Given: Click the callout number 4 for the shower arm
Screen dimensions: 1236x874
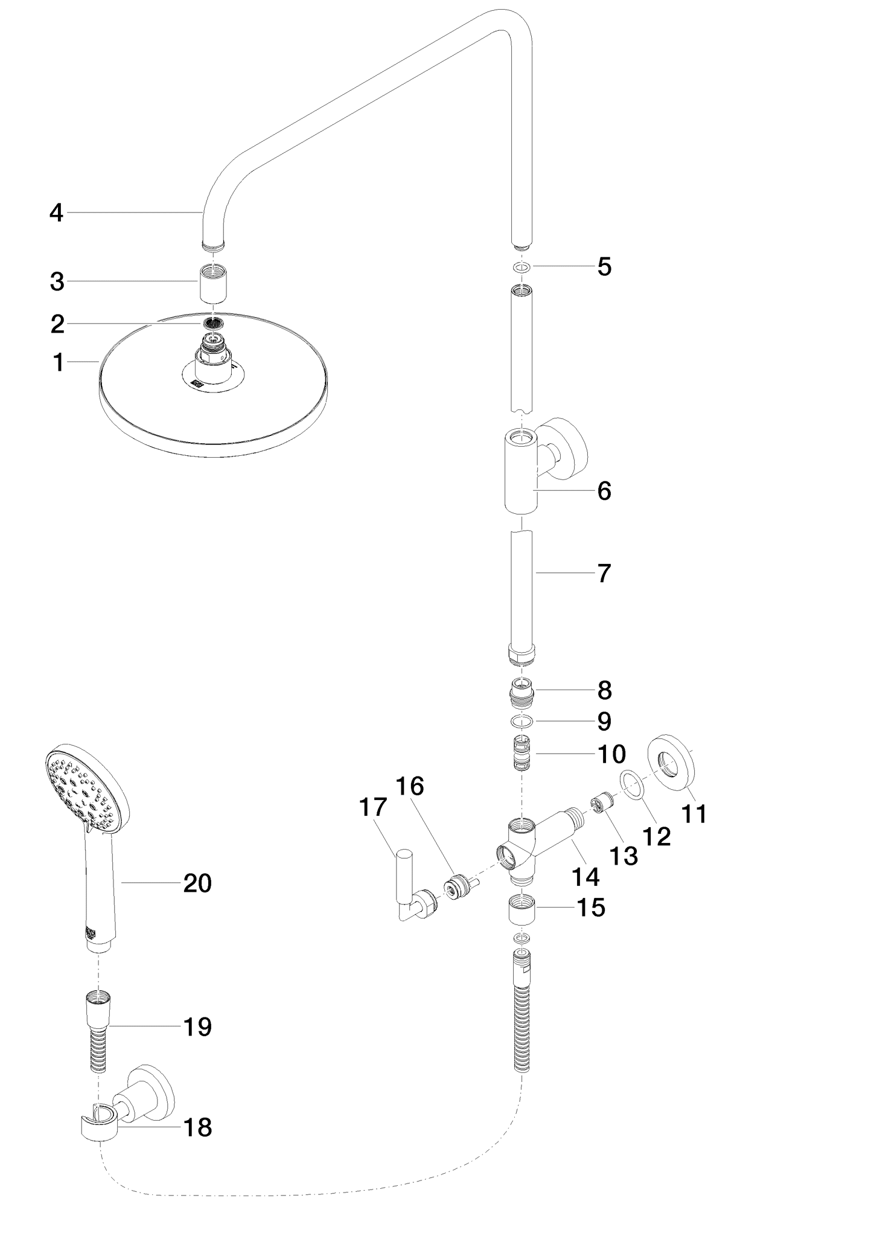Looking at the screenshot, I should [x=56, y=213].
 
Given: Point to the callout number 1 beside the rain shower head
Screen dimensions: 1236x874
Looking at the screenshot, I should [x=58, y=363].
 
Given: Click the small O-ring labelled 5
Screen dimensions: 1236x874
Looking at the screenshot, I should [x=521, y=266].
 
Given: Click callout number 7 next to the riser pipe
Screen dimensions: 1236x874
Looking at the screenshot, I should [x=604, y=573].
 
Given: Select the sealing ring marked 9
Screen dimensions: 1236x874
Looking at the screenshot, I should [x=521, y=721].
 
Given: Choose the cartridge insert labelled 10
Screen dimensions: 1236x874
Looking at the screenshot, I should [x=521, y=753].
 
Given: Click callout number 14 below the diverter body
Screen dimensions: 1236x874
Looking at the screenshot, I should [x=585, y=876].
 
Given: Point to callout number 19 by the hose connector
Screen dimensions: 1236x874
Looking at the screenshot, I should [x=197, y=1026].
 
